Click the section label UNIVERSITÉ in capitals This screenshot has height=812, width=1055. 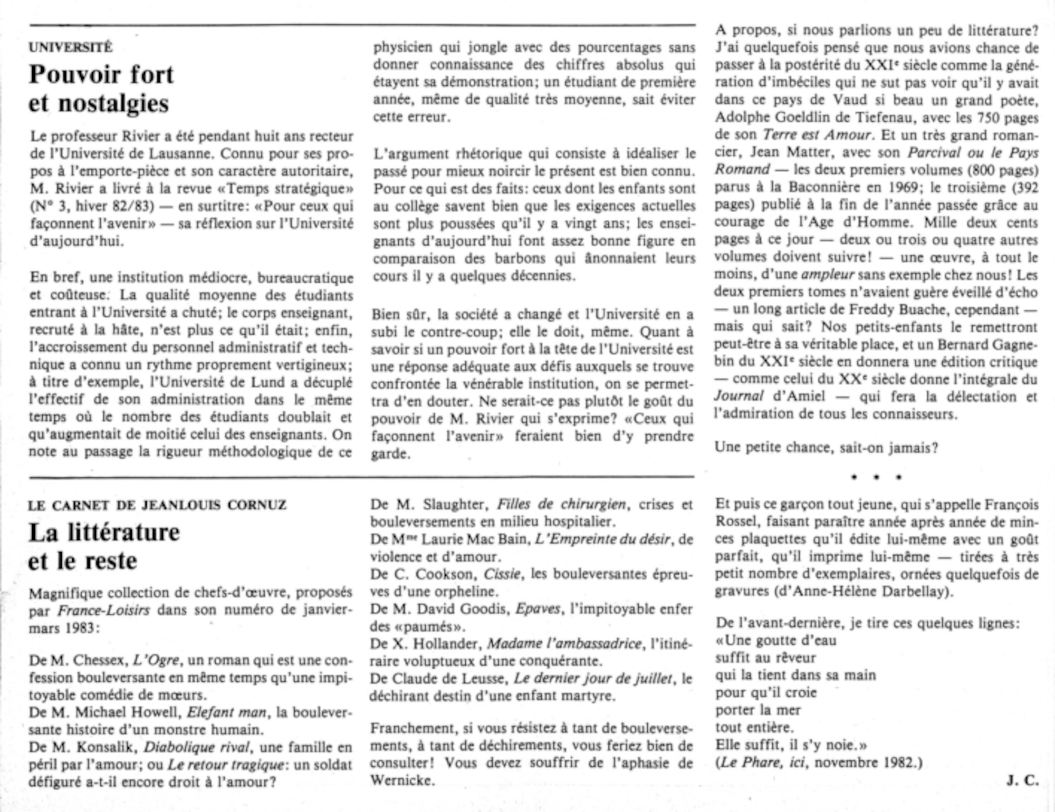(x=71, y=47)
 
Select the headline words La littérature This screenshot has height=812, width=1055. (x=104, y=532)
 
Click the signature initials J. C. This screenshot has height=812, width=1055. (x=1022, y=780)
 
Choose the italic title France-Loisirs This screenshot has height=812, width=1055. (x=103, y=611)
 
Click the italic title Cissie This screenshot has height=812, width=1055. (x=502, y=574)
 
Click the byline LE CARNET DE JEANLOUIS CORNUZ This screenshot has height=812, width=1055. (x=157, y=505)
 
